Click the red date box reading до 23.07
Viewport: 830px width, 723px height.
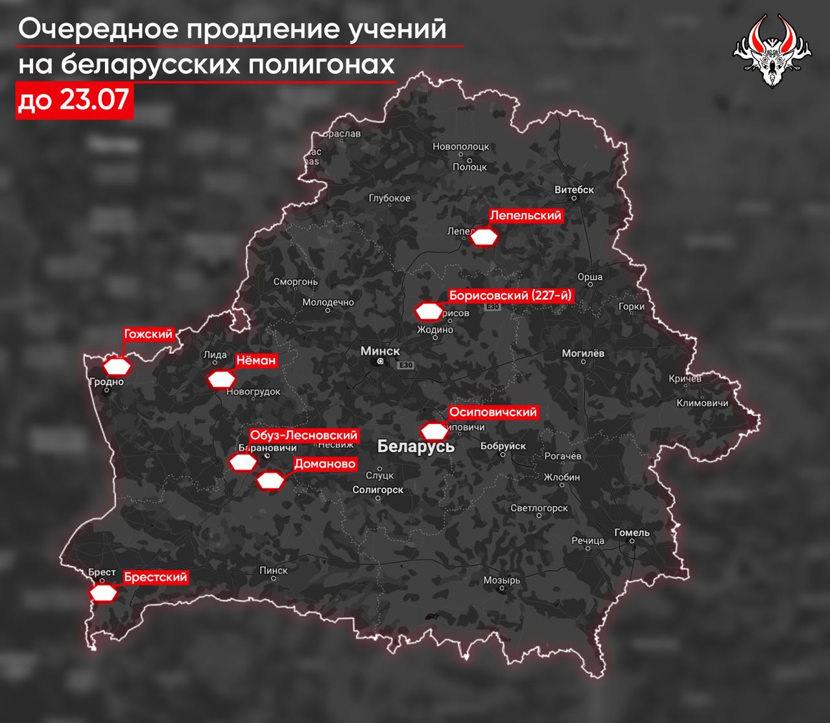pos(75,101)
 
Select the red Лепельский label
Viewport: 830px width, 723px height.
pos(525,216)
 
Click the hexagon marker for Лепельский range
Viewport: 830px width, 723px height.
pos(484,237)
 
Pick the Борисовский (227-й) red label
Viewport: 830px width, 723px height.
pos(511,296)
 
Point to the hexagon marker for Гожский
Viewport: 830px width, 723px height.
pos(118,366)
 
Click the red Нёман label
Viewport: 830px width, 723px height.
pos(255,361)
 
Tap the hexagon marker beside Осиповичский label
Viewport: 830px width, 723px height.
pos(434,431)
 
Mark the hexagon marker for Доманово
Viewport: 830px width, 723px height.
pos(270,480)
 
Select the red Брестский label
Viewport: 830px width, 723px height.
pos(156,577)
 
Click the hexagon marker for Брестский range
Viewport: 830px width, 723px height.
pos(103,593)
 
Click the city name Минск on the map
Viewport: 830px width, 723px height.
pos(380,351)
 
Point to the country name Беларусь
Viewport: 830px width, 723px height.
pos(416,447)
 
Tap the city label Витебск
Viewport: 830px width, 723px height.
pos(575,190)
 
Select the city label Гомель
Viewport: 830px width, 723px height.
pos(632,532)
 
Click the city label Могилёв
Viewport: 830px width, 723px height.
pos(583,353)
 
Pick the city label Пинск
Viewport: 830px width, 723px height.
pos(273,570)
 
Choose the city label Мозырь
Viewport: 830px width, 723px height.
pos(501,580)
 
